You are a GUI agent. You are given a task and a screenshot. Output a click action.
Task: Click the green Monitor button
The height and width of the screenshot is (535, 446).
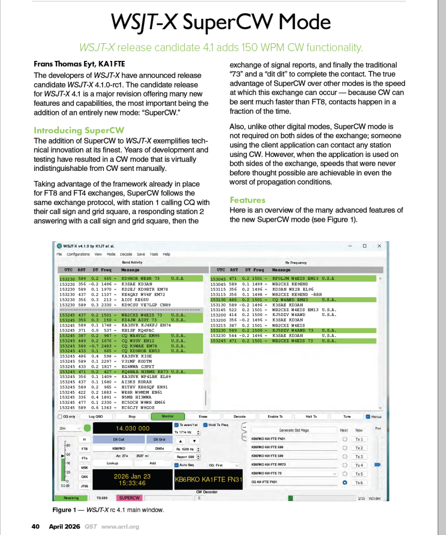click(167, 417)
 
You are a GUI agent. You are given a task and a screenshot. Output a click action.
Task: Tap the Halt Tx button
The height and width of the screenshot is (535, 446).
click(311, 417)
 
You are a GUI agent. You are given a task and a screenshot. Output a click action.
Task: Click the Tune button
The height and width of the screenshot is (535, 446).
click(347, 417)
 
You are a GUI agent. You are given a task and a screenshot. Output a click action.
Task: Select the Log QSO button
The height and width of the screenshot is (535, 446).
click(95, 417)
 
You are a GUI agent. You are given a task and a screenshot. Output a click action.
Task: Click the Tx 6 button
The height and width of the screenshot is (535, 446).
click(359, 482)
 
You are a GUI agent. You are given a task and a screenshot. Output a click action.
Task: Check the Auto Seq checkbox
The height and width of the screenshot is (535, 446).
click(177, 465)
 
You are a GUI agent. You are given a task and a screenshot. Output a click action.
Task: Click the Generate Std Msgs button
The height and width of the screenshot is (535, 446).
click(294, 430)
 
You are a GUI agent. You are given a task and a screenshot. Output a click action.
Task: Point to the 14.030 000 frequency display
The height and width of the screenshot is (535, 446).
click(132, 428)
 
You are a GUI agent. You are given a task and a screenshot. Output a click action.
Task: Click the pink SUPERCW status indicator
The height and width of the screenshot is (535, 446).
click(130, 497)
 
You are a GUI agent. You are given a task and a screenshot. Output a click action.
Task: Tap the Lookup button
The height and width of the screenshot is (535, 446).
click(112, 463)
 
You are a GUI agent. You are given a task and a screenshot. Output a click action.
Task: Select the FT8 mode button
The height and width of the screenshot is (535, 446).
click(85, 449)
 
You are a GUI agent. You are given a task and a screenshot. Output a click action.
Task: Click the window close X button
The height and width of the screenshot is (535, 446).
click(379, 246)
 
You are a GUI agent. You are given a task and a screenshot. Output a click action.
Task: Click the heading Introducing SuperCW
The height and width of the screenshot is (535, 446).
click(79, 130)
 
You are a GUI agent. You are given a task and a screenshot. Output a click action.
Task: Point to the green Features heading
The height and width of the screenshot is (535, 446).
click(247, 200)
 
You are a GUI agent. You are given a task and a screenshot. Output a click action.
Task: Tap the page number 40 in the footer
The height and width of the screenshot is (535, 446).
click(35, 526)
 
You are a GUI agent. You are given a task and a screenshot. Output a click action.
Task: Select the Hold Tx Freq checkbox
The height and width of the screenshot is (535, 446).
click(205, 425)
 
